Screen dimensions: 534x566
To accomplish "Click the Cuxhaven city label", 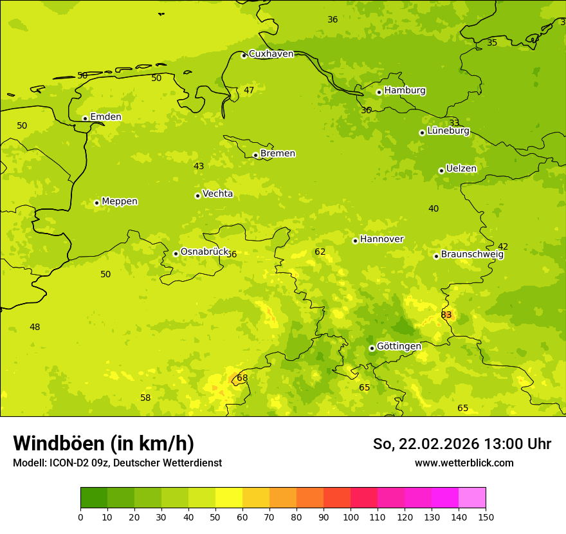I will click(x=271, y=54).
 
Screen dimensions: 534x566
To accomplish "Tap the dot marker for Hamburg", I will click(x=379, y=92).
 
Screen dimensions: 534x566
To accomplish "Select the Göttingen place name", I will click(x=399, y=346).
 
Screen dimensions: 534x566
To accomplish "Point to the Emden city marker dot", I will click(x=85, y=118).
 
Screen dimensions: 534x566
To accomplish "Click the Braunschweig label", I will click(x=472, y=255).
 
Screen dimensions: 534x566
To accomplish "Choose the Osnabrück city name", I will click(x=204, y=252).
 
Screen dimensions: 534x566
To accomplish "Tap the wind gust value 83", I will click(x=446, y=315).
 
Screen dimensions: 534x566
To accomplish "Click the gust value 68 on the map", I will click(x=242, y=378).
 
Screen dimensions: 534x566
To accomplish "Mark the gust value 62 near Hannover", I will click(x=320, y=252).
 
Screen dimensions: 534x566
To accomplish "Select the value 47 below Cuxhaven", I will click(x=249, y=90).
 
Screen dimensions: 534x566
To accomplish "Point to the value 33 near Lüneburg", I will click(x=454, y=123).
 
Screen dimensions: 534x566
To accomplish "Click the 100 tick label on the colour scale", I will click(x=351, y=517).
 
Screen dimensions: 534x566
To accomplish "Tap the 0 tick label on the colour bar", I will click(x=80, y=517).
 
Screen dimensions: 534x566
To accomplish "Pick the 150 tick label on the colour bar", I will click(x=486, y=517).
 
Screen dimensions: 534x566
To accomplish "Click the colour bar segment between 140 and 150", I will click(x=472, y=497).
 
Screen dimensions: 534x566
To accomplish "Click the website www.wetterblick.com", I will click(x=464, y=463).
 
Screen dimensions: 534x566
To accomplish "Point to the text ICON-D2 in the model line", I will click(x=70, y=463).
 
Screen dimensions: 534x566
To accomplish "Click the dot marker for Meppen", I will click(x=96, y=203).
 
